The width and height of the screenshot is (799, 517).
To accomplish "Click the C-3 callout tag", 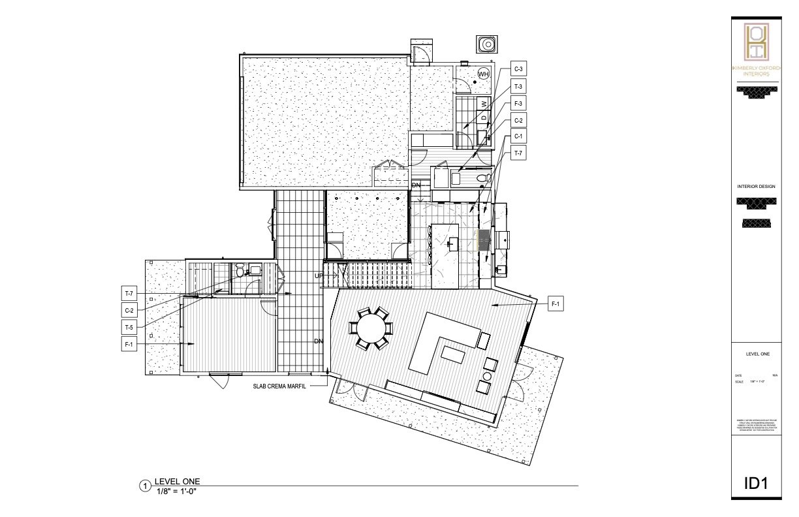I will (x=518, y=69).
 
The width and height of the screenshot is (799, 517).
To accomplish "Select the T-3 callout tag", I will (x=518, y=86).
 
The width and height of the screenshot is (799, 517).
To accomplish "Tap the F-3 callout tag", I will (x=518, y=103).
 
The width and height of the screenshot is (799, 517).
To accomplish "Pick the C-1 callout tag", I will (x=518, y=136).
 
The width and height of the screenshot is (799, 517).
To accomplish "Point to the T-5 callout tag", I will (x=129, y=326).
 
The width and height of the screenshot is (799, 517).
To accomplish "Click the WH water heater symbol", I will (x=483, y=74).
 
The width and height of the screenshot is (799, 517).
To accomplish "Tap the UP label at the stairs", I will (x=319, y=276).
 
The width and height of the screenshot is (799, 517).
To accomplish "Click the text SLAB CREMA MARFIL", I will (x=281, y=386).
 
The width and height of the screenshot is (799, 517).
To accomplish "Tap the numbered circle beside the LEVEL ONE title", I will (x=146, y=486).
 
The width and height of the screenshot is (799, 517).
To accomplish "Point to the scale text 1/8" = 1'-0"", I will (x=176, y=491).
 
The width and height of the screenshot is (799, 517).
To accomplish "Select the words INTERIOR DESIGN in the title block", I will (x=756, y=187).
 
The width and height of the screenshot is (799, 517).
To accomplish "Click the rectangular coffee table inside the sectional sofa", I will (x=453, y=354).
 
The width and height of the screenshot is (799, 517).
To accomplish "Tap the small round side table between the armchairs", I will (x=487, y=376).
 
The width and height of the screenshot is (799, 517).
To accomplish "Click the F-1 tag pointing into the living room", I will (x=556, y=304).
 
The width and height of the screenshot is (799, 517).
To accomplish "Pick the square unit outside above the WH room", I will (x=486, y=44).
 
